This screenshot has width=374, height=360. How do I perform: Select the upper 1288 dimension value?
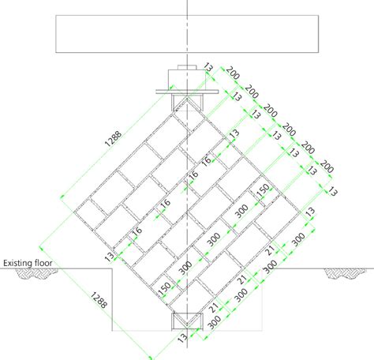(114, 139)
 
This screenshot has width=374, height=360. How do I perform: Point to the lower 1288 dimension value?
(99, 300)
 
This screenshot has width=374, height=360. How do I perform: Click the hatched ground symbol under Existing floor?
(37, 273)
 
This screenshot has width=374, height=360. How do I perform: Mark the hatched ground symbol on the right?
(346, 273)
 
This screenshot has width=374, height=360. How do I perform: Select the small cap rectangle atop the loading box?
(187, 67)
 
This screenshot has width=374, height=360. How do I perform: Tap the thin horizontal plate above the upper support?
(187, 92)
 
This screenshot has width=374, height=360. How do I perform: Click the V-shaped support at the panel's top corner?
(187, 103)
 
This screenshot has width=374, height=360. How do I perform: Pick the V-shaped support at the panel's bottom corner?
(187, 321)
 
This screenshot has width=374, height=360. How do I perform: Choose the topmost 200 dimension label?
(233, 73)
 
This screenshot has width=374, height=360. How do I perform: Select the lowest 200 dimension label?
(327, 167)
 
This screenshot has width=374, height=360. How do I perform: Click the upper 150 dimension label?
(263, 190)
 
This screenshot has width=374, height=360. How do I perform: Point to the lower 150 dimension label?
(164, 289)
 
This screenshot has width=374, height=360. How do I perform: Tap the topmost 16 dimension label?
(206, 160)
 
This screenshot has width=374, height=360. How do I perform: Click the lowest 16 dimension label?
(137, 231)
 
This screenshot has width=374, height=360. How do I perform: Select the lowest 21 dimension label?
(214, 307)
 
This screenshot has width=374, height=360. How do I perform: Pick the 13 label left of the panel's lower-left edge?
(109, 257)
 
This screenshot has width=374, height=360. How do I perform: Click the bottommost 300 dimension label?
(214, 323)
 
